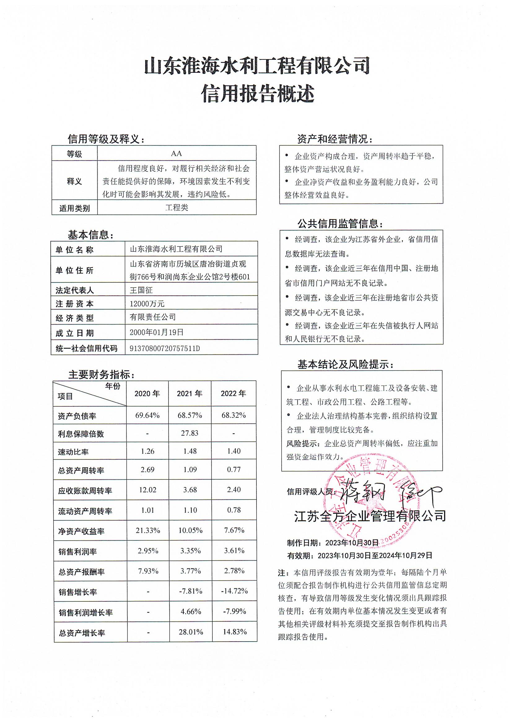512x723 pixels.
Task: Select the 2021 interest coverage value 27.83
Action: pos(190,433)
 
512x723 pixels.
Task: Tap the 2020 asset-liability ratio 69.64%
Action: pos(147,415)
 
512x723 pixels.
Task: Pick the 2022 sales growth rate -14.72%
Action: pos(234,591)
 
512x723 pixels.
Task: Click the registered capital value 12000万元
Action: pos(147,304)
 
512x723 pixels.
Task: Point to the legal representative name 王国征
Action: pos(141,290)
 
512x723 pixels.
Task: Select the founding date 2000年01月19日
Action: pos(156,332)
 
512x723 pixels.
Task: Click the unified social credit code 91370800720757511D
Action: pos(164,349)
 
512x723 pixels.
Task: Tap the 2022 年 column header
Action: pos(233,393)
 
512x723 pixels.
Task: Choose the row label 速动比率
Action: pos(73,452)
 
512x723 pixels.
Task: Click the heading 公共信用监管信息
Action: pos(340,224)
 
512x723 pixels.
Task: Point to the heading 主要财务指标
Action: pos(102,374)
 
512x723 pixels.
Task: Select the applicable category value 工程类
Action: pos(177,208)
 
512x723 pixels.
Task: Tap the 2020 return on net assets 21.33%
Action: pos(147,530)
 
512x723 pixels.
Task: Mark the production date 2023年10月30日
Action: pos(352,543)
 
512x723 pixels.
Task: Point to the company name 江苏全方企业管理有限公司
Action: pos(370,516)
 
